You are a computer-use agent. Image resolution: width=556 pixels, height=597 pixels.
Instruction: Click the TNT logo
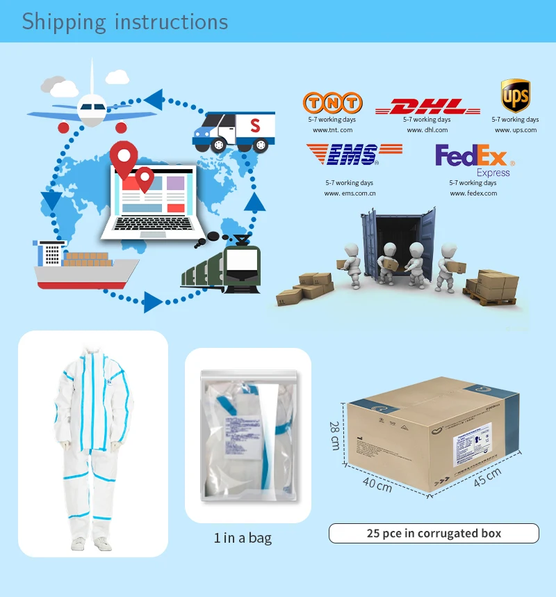tap(332, 103)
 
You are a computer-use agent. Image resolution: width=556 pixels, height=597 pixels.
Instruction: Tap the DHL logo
tap(427, 107)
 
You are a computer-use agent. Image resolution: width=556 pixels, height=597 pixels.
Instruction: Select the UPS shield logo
tap(515, 95)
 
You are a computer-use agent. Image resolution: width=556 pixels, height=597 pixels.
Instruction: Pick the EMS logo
tap(354, 154)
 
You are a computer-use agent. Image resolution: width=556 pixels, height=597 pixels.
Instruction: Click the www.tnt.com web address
tap(332, 130)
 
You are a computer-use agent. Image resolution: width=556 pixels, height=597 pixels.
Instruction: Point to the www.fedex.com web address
tap(473, 193)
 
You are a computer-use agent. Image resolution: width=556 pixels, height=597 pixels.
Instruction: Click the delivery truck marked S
tap(234, 131)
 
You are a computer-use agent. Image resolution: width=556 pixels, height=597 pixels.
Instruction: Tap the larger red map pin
tap(123, 157)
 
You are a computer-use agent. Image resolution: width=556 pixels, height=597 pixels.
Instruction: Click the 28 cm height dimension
tap(335, 435)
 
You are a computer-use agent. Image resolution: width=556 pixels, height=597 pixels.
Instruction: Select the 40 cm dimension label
tap(377, 484)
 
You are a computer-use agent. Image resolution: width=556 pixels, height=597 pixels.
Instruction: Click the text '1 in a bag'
tap(243, 538)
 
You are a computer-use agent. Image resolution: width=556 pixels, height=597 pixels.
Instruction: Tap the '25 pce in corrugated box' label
tap(434, 534)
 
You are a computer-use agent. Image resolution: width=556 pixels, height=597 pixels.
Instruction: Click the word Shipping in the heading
tap(64, 22)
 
